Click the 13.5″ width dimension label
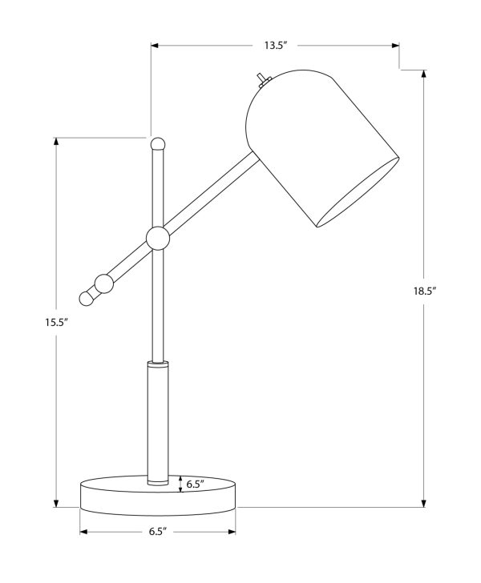276,46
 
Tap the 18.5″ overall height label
424,291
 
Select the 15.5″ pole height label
56,323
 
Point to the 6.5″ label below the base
157,532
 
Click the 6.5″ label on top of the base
196,484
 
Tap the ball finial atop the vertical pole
157,144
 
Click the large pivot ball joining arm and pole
158,239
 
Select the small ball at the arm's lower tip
86,298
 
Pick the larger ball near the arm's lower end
104,283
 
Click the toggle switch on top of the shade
263,81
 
